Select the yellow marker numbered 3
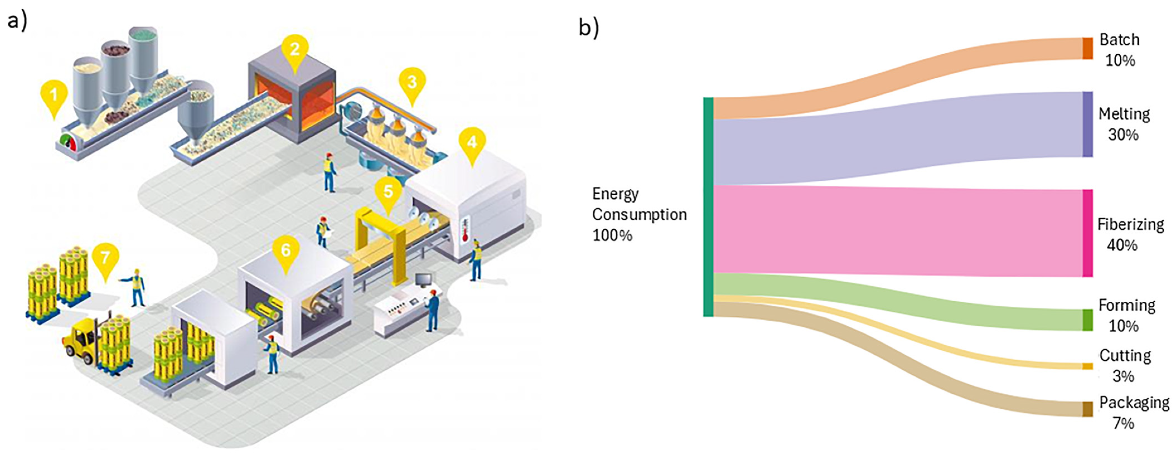tap(412, 82)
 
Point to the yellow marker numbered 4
tap(472, 142)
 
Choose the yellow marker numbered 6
tap(286, 250)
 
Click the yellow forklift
tap(82, 340)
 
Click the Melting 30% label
tap(1124, 124)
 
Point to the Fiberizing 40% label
tap(1130, 235)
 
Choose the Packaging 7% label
tap(1134, 413)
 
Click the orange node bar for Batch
tap(1087, 48)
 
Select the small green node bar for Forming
tap(1087, 320)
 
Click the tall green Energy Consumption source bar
tap(708, 207)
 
